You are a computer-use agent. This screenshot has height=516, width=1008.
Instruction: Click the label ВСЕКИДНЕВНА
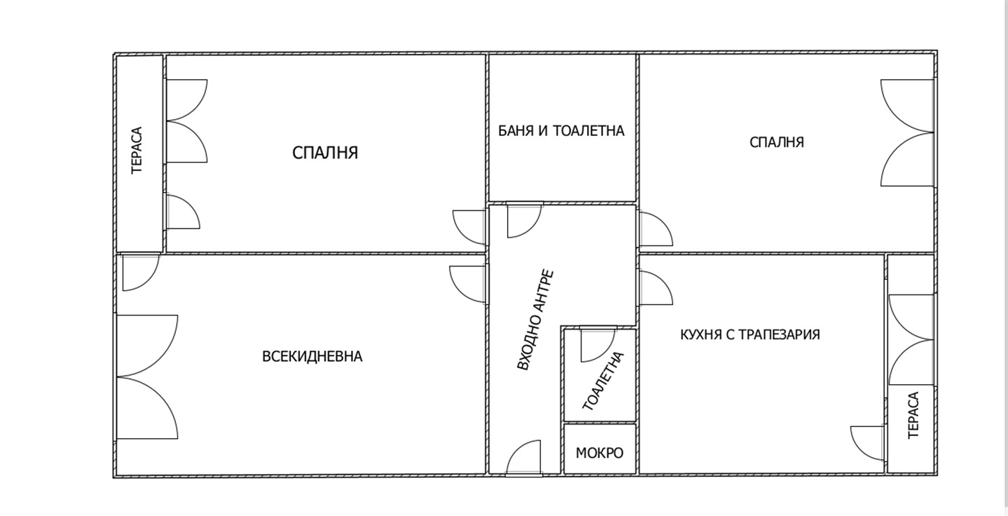(312, 356)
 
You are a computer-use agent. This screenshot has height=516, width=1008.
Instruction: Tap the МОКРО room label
(600, 452)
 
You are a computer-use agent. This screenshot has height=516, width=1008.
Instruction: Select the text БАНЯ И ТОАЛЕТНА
(561, 130)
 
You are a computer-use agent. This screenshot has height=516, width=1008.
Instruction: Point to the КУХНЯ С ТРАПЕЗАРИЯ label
(750, 334)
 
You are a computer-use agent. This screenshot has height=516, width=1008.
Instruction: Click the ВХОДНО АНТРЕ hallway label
(535, 320)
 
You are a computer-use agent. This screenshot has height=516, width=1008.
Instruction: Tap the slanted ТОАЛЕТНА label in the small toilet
(603, 381)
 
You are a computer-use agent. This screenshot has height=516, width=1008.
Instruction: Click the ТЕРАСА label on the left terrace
(137, 150)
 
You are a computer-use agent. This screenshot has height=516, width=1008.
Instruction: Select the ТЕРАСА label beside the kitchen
(913, 415)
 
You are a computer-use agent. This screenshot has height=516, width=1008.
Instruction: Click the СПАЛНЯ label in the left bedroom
(325, 153)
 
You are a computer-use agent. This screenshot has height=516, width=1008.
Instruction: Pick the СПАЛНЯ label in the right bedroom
(776, 142)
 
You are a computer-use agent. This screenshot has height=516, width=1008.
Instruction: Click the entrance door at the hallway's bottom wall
(523, 457)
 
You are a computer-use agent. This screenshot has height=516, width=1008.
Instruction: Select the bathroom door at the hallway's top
(525, 220)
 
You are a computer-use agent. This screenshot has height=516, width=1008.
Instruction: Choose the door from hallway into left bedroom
(470, 227)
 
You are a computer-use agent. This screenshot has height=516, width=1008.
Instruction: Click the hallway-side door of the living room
(468, 284)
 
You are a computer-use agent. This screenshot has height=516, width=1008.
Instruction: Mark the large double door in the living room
(147, 377)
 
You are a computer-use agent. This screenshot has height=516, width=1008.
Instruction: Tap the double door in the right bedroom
(907, 133)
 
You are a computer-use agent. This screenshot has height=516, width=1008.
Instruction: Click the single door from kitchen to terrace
(868, 444)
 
